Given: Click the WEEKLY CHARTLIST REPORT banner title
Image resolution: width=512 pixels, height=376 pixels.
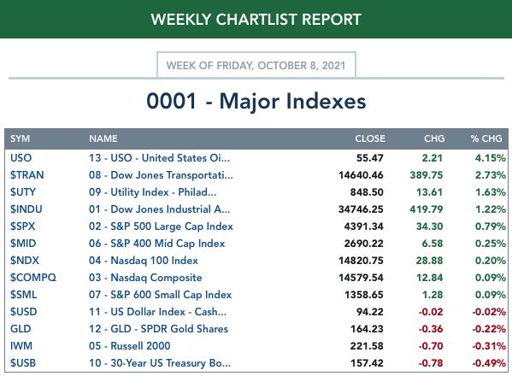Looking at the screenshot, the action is (x=256, y=20).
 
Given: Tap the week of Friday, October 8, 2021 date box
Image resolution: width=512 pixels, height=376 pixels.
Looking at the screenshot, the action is (x=256, y=65).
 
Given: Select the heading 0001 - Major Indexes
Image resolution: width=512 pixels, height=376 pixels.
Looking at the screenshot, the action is (x=256, y=101).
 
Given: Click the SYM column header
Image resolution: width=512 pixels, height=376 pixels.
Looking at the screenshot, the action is (x=20, y=138).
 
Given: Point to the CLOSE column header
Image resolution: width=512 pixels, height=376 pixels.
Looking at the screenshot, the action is (x=370, y=138).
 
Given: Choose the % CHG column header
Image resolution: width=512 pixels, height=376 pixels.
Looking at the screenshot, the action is (x=486, y=138).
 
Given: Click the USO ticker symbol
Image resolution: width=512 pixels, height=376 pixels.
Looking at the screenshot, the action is (x=21, y=158).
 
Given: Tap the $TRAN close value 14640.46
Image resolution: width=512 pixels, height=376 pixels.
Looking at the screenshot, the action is (x=361, y=175).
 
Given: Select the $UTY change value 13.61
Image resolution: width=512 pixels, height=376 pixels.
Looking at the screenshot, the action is (x=429, y=192).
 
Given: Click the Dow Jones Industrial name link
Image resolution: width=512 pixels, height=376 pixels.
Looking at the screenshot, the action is (x=159, y=209).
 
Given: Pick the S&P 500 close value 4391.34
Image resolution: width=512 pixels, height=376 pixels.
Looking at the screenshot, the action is (x=364, y=226).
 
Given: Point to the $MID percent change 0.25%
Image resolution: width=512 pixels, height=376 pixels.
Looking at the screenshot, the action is (x=491, y=244).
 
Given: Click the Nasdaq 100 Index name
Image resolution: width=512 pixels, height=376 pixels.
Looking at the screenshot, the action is (x=144, y=261).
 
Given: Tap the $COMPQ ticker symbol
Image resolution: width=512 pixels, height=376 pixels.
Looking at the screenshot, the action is (x=33, y=278).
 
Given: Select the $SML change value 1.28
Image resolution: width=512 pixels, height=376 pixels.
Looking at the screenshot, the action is (x=433, y=295).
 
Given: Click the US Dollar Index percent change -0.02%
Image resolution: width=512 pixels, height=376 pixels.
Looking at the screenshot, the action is (x=489, y=312).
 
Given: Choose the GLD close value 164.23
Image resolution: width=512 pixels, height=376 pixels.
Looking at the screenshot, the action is (x=367, y=329).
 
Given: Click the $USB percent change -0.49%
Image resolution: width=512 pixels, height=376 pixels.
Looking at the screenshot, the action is (x=489, y=363).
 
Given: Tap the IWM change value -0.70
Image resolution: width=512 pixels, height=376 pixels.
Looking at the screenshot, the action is (x=431, y=346).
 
